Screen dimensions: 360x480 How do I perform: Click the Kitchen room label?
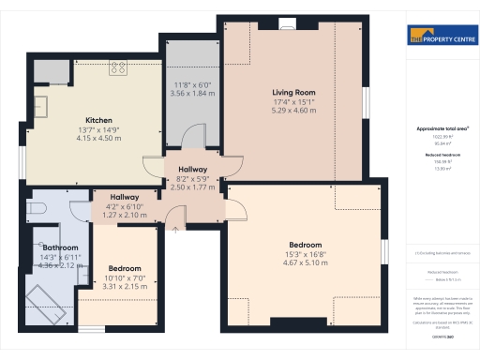(99, 121)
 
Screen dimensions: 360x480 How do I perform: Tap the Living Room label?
(293, 93)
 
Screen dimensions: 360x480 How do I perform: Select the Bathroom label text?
(59, 247)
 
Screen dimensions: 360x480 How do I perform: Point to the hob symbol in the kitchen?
(119, 67)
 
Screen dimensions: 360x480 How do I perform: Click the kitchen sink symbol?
(42, 104)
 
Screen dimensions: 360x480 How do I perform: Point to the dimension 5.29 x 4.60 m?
(293, 111)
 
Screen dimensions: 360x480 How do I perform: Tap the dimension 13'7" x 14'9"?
(99, 130)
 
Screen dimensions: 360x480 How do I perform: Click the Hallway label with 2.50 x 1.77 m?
(192, 170)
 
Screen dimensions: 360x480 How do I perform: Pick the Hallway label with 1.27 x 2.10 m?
(125, 197)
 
